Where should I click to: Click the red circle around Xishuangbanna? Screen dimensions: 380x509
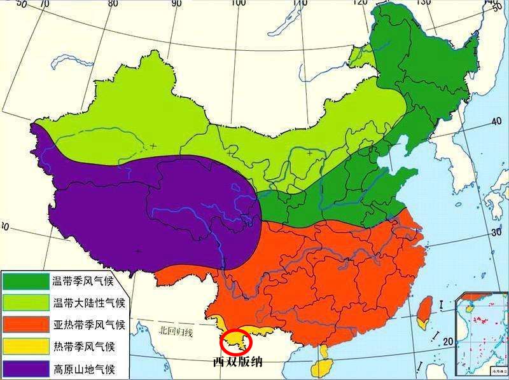pos(236,342)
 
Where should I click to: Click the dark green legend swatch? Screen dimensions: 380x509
pos(25,280)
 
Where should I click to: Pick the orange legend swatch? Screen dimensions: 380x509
pos(25,325)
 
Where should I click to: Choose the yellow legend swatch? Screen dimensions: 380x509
pos(25,347)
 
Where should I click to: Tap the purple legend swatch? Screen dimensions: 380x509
pos(25,369)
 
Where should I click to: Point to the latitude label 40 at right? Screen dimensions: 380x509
pos(494,121)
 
